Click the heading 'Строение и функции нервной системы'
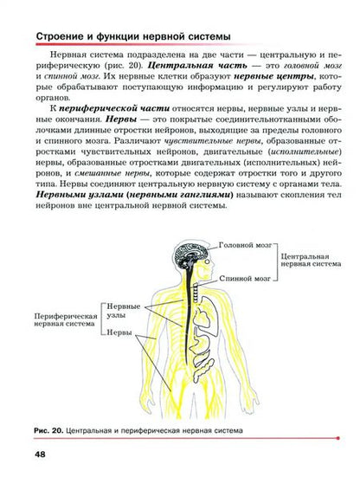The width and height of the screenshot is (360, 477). (132, 36)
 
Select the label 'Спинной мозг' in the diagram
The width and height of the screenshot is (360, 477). (244, 280)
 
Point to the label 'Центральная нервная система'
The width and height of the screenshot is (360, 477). (307, 262)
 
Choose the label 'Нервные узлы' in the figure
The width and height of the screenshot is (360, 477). (123, 312)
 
